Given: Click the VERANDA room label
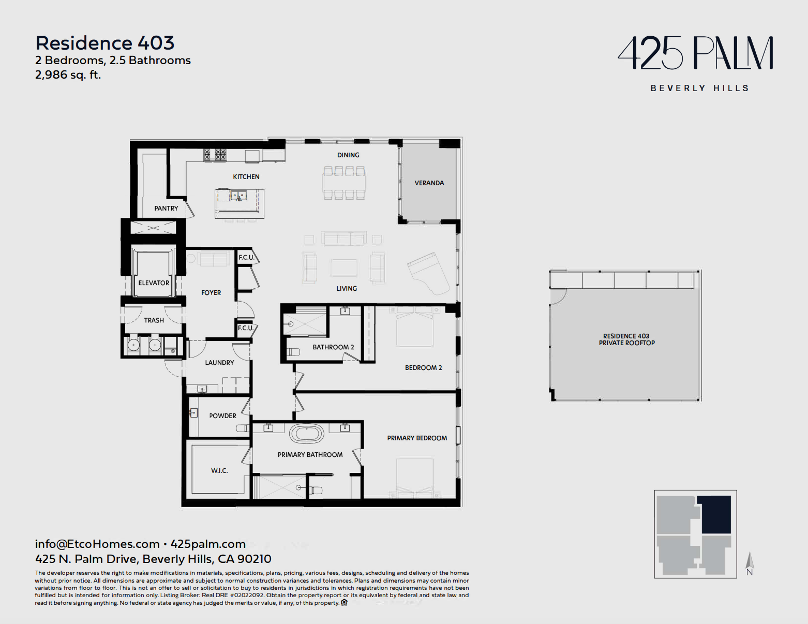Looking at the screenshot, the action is [429, 183].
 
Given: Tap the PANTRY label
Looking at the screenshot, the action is [166, 208].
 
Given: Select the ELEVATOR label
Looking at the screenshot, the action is [154, 283].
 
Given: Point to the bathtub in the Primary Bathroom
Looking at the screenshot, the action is [306, 434].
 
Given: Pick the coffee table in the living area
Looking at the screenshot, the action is [343, 268].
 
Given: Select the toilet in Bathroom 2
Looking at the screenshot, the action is [294, 351].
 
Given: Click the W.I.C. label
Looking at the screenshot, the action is [219, 471].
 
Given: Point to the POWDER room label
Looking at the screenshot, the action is [222, 416].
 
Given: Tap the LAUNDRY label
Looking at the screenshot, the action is [219, 363].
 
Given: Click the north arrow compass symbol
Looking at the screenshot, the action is [750, 563].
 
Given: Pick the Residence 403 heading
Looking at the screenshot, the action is [105, 43].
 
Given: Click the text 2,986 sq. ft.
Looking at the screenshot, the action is [68, 75].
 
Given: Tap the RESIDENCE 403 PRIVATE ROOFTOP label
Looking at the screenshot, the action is [626, 339].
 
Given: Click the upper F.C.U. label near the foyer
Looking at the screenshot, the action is [246, 257].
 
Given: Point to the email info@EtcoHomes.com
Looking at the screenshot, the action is [97, 544].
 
